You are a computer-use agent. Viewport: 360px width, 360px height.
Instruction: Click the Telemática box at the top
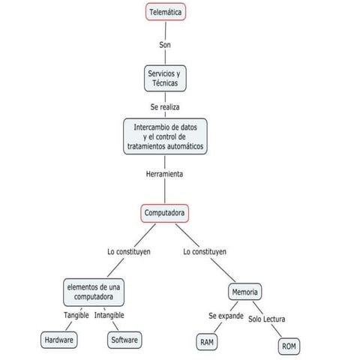164,12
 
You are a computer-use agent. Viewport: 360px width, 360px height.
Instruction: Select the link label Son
165,45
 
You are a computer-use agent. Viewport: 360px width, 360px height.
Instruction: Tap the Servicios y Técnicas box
165,79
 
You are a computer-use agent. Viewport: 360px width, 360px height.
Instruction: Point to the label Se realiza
165,107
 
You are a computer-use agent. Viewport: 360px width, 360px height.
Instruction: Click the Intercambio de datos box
165,136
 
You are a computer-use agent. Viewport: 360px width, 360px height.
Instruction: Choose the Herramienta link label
165,174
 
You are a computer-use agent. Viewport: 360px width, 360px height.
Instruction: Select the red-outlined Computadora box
165,213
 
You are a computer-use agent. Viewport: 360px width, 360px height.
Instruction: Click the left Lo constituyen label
129,252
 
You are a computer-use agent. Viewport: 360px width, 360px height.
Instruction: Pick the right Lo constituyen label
205,252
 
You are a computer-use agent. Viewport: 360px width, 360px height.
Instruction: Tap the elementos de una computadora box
93,292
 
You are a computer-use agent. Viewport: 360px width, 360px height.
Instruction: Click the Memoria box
245,291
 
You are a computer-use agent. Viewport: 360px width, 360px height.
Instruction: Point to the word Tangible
76,315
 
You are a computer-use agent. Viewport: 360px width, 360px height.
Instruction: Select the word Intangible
109,315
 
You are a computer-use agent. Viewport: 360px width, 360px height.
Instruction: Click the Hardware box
59,340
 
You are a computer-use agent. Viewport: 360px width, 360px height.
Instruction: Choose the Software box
124,340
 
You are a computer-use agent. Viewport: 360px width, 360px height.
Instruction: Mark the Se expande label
226,316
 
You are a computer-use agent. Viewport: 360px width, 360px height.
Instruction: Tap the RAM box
208,342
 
